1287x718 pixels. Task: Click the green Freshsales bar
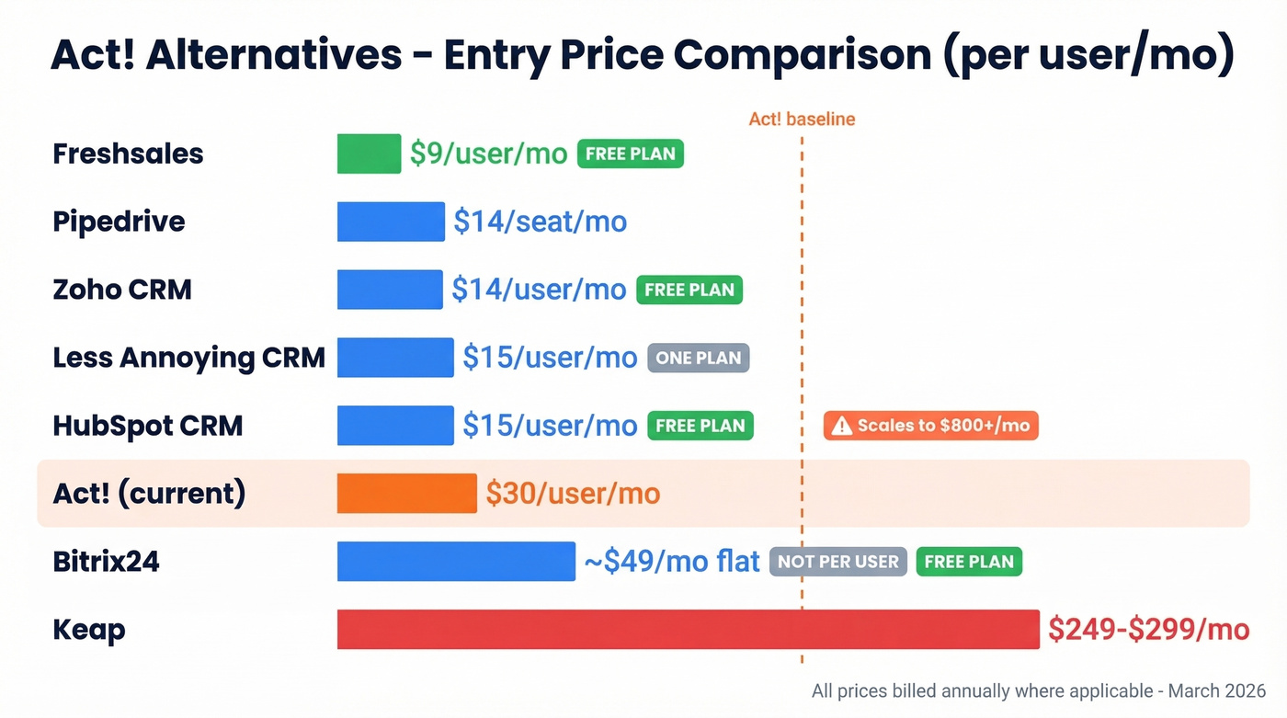pyautogui.click(x=369, y=154)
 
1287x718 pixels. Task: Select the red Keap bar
pyautogui.click(x=688, y=630)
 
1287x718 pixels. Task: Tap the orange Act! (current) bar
pyautogui.click(x=406, y=494)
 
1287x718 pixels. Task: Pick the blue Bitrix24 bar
pyautogui.click(x=456, y=562)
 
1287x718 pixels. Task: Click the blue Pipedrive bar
pyautogui.click(x=391, y=222)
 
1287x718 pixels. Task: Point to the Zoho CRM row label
pyautogui.click(x=122, y=290)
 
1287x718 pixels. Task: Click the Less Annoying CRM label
pyautogui.click(x=188, y=358)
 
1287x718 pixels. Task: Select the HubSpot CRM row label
pyautogui.click(x=148, y=426)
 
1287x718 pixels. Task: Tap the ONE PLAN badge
pyautogui.click(x=699, y=358)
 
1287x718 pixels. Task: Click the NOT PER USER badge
pyautogui.click(x=838, y=562)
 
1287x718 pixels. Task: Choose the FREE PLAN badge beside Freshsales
pyautogui.click(x=631, y=154)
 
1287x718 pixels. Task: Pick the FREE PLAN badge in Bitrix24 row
pyautogui.click(x=969, y=562)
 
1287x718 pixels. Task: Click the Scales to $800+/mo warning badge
pyautogui.click(x=930, y=426)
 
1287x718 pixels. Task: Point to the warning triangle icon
pyautogui.click(x=841, y=427)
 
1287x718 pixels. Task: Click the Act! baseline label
pyautogui.click(x=802, y=120)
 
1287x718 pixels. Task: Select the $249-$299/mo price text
pyautogui.click(x=1148, y=630)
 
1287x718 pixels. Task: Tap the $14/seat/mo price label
pyautogui.click(x=540, y=222)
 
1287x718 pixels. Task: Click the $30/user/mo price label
pyautogui.click(x=573, y=494)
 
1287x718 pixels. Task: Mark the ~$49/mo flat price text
pyautogui.click(x=672, y=562)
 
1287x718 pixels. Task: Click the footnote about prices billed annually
pyautogui.click(x=1038, y=691)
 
